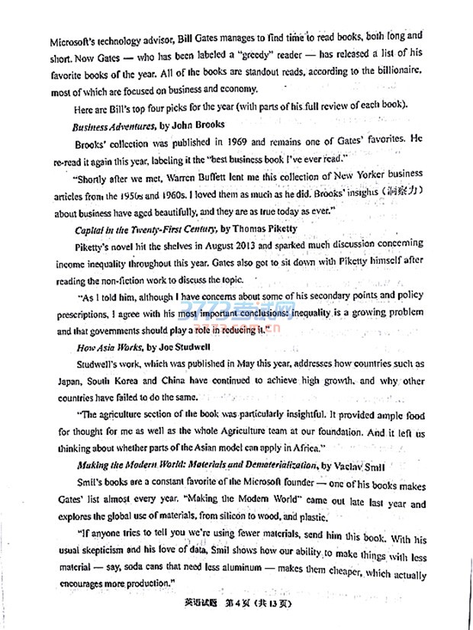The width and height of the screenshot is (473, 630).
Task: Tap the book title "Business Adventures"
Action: [x=111, y=124]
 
